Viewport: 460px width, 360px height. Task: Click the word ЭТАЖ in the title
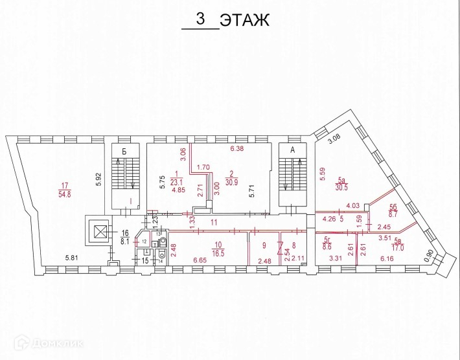(244, 21)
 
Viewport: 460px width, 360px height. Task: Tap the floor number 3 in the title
(201, 19)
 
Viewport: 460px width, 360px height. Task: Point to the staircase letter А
(292, 150)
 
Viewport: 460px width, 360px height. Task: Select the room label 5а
(342, 181)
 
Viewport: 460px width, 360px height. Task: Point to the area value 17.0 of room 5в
(397, 247)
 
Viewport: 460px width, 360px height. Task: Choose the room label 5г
(327, 240)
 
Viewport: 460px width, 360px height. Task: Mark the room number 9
(264, 245)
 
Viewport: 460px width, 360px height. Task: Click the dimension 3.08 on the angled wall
(334, 140)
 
